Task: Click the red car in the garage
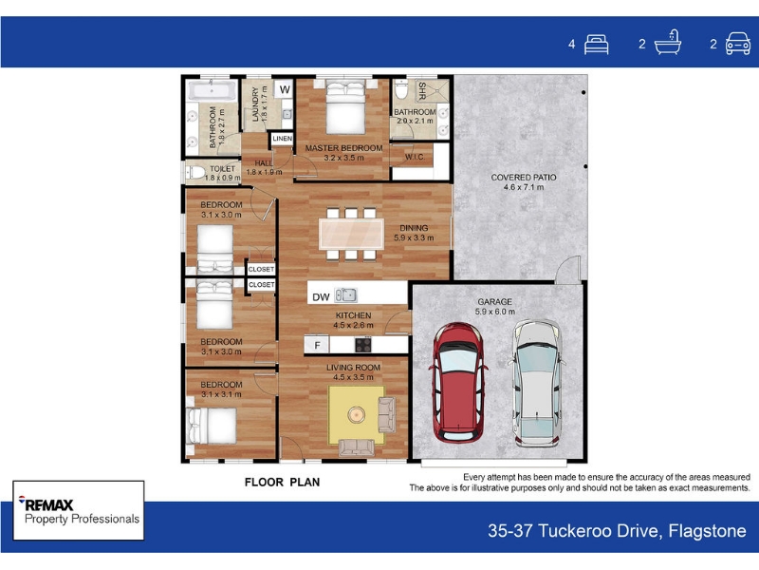pyautogui.click(x=457, y=382)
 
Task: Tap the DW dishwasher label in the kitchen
pyautogui.click(x=321, y=297)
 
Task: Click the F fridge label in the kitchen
pyautogui.click(x=317, y=345)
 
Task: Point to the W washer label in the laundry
pyautogui.click(x=285, y=89)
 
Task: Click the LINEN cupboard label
pyautogui.click(x=282, y=139)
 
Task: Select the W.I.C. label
pyautogui.click(x=415, y=157)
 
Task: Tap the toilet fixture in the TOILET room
pyautogui.click(x=195, y=172)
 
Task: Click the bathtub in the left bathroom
pyautogui.click(x=212, y=90)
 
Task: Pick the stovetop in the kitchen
pyautogui.click(x=363, y=345)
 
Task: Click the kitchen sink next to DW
pyautogui.click(x=346, y=294)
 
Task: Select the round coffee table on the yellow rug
pyautogui.click(x=357, y=414)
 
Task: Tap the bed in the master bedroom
pyautogui.click(x=345, y=107)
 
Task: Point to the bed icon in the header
pyautogui.click(x=597, y=45)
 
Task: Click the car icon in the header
pyautogui.click(x=738, y=44)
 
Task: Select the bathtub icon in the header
pyautogui.click(x=668, y=42)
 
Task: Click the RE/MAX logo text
pyautogui.click(x=46, y=504)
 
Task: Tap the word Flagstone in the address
pyautogui.click(x=707, y=531)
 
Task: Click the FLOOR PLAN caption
pyautogui.click(x=282, y=483)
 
